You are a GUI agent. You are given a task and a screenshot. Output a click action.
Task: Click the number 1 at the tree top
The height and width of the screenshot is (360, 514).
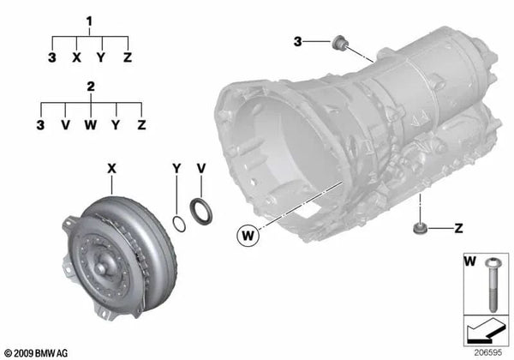click(89, 18)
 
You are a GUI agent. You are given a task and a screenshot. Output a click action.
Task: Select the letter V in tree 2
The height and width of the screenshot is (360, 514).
click(65, 125)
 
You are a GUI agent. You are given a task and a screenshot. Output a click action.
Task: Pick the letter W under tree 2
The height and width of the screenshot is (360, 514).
click(90, 125)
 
